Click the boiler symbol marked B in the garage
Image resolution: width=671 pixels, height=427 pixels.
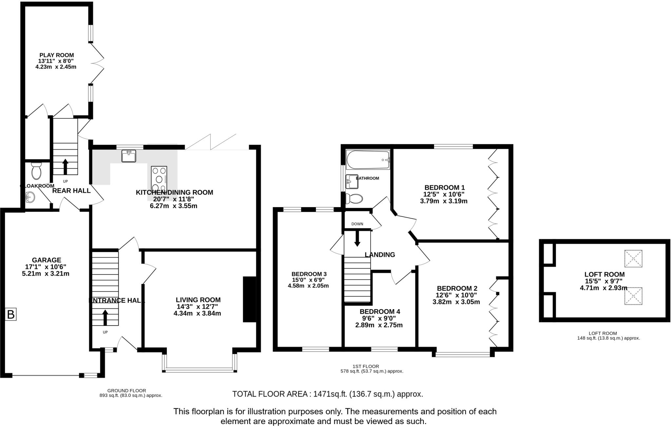pos(11,315)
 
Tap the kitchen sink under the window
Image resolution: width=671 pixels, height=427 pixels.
pos(128,156)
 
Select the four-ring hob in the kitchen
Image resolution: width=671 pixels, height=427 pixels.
pos(159,179)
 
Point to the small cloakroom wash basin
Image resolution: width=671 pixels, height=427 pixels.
pos(30,197)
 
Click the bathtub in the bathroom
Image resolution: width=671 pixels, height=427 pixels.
pos(368,160)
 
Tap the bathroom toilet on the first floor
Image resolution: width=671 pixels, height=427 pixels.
pos(354,198)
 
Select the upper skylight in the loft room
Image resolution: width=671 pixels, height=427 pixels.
pos(633,259)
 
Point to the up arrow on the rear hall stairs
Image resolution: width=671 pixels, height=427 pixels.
pos(65,167)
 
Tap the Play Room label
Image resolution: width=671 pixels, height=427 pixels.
pos(57,55)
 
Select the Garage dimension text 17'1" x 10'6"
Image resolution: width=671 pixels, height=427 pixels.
pos(46,267)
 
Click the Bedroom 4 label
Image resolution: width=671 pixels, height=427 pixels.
pos(380,311)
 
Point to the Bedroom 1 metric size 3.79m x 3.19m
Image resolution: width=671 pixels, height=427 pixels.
pos(444,201)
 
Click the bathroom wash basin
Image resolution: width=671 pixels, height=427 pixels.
pos(352,182)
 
